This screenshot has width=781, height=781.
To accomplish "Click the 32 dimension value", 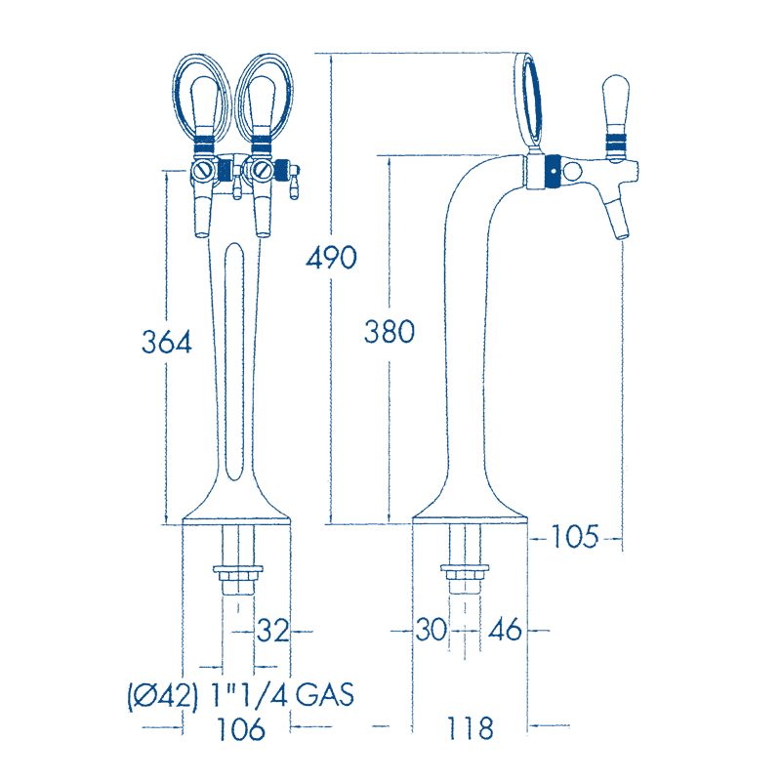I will pyautogui.click(x=273, y=632).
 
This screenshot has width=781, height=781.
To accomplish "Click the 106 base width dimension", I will pyautogui.click(x=238, y=727).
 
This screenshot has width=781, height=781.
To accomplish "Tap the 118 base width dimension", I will pyautogui.click(x=470, y=727).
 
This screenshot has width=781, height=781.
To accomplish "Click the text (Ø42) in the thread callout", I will pyautogui.click(x=162, y=695).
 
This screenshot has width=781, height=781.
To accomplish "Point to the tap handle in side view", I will pyautogui.click(x=615, y=109).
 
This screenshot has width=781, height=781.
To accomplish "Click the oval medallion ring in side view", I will pyautogui.click(x=528, y=99).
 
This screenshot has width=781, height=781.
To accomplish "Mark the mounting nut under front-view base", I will pyautogui.click(x=238, y=575).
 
